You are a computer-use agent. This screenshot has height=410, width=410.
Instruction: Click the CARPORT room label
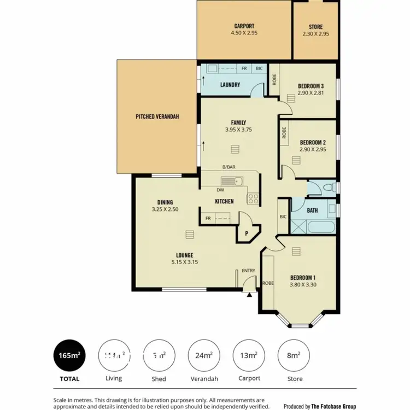point(244,26)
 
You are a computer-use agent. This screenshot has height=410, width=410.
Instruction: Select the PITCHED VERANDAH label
point(157,116)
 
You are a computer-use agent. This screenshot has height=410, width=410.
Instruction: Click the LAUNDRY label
point(230,85)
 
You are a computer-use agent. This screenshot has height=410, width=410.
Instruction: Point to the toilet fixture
point(328,188)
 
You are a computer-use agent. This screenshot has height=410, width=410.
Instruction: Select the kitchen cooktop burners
point(253,198)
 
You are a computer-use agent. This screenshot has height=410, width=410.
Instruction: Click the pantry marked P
point(245,232)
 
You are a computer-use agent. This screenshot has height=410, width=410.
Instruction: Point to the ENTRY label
point(248,271)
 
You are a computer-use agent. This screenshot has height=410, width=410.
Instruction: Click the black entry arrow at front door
point(250,295)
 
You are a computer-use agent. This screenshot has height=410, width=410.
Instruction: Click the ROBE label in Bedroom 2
point(284,133)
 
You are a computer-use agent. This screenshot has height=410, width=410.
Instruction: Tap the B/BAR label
point(229,167)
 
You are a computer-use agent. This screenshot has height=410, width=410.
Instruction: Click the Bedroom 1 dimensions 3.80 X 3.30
point(303,284)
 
